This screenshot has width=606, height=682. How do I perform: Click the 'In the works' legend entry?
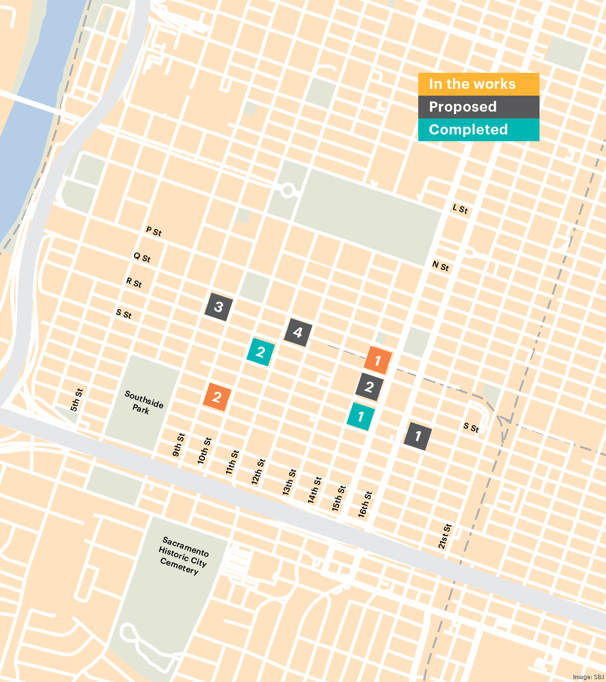[478, 84]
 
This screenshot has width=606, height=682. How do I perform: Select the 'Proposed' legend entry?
[478, 107]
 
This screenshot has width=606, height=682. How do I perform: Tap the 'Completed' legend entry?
[478, 130]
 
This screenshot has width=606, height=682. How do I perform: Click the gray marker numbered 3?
[218, 307]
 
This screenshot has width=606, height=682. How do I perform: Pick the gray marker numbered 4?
[297, 333]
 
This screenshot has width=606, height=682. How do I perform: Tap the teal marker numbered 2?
[261, 352]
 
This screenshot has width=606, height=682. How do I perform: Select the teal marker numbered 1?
[360, 416]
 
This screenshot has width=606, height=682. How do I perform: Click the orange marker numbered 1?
[377, 361]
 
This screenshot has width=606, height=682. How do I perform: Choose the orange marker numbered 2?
[217, 397]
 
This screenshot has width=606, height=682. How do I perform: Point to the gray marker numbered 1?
[417, 436]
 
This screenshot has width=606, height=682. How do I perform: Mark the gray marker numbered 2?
[369, 387]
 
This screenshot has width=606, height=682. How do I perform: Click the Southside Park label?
[143, 402]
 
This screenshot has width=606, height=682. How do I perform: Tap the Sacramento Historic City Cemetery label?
[182, 555]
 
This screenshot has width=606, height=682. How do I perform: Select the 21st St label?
[444, 536]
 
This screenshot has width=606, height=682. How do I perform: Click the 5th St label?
[77, 400]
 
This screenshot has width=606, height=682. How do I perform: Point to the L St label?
[460, 209]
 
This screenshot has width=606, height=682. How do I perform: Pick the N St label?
[441, 266]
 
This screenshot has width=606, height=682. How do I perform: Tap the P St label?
[154, 231]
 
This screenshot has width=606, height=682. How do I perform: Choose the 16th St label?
[365, 504]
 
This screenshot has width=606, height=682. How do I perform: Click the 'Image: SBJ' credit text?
[588, 677]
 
